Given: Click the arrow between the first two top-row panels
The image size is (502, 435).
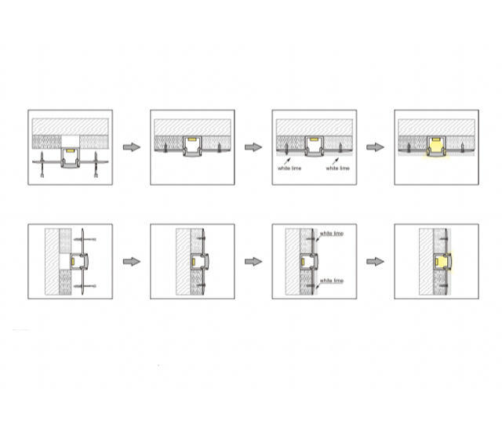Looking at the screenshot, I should point(132,147).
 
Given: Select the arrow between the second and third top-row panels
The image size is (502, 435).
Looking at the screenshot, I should point(253,147).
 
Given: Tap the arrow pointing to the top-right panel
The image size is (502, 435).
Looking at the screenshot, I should point(375,147).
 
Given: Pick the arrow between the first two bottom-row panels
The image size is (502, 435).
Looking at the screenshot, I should point(132,262).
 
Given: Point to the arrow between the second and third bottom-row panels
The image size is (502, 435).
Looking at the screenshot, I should point(253,262).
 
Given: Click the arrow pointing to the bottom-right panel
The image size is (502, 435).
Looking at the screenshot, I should point(375,262).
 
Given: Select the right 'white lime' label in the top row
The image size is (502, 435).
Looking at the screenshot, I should point(337,168).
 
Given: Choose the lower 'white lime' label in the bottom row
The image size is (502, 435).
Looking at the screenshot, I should point(331,281).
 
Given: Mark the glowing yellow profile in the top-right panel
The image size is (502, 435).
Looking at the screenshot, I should point(436,147).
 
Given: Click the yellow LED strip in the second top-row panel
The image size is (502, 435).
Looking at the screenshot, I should point(191,140).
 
